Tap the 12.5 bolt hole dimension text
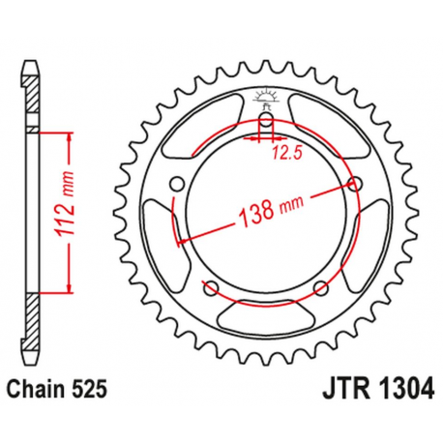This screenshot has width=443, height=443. pos(281,152)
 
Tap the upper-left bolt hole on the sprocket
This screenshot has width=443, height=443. pos(175,184)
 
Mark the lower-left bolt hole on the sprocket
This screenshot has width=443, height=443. pos(209,286)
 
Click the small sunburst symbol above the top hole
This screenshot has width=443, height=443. pos(265,96)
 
